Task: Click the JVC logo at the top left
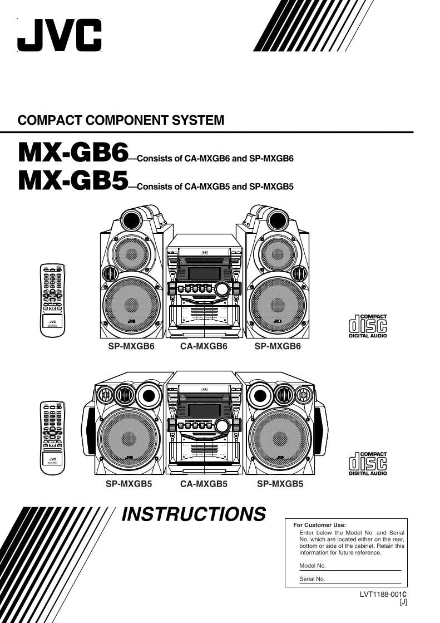[x=60, y=35]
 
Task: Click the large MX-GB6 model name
[x=73, y=152]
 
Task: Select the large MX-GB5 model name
[x=73, y=181]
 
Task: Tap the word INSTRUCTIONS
[x=194, y=514]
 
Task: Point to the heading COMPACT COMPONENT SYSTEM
[x=121, y=120]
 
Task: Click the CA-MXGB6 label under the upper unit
[x=204, y=346]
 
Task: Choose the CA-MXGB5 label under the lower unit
[x=204, y=484]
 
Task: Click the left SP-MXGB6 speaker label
[x=131, y=346]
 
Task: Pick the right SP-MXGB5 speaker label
[x=280, y=484]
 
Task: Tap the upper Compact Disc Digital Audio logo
[x=367, y=326]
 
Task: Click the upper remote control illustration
[x=52, y=300]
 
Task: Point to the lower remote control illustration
[x=52, y=438]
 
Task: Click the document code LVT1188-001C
[x=383, y=594]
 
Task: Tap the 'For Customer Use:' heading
[x=319, y=525]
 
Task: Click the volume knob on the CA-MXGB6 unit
[x=223, y=288]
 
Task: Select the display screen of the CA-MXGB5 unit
[x=204, y=410]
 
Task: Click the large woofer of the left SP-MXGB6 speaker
[x=132, y=305]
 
